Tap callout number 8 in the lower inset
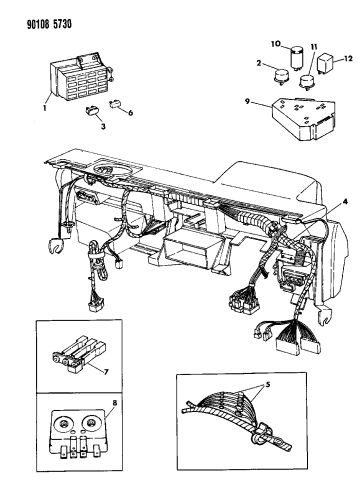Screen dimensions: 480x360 113,405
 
